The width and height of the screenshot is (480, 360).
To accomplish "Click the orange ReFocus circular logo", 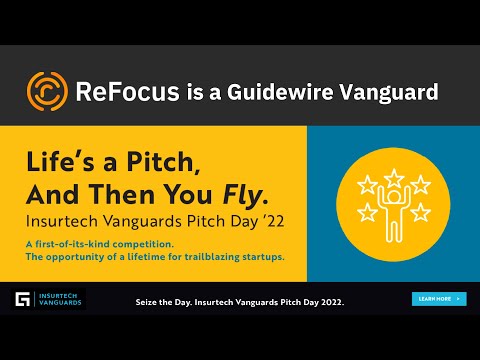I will [47, 92].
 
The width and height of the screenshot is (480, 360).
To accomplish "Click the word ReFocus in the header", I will [127, 93].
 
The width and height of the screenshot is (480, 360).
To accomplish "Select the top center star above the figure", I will [392, 172].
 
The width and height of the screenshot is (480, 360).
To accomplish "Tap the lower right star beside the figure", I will [418, 211].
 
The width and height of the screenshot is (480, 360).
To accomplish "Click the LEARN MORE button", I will [439, 298].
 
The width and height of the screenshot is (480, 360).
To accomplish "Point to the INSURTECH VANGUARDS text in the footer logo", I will [58, 299].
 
